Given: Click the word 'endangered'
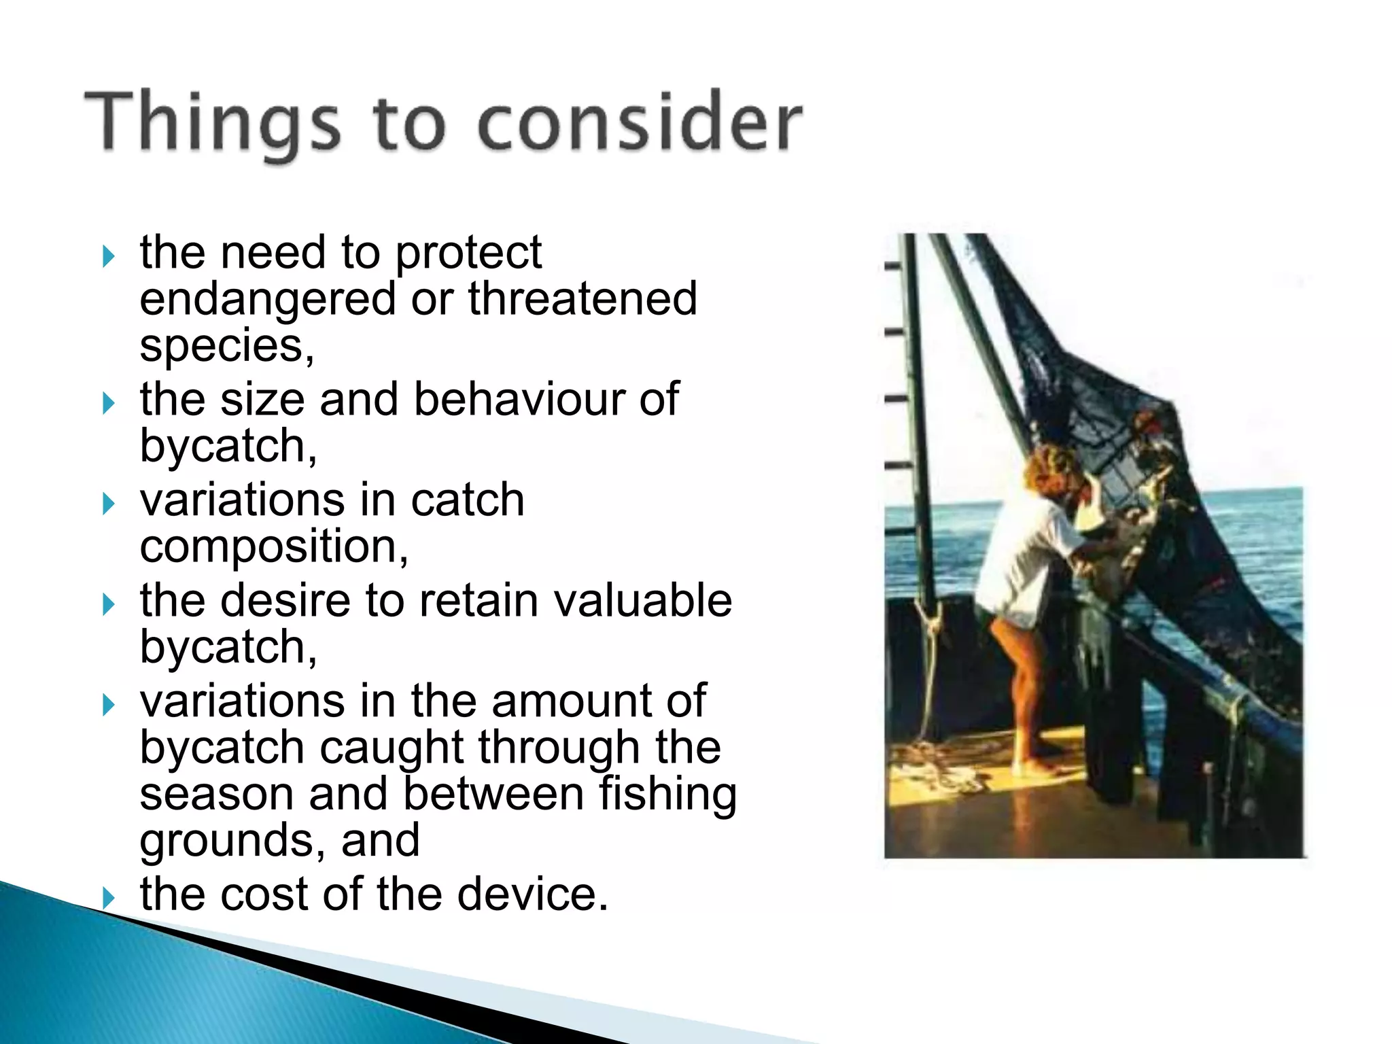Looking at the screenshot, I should click(267, 299).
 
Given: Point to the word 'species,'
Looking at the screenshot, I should click(227, 347).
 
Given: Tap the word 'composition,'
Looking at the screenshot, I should click(274, 546).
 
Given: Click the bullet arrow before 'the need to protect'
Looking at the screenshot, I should click(108, 257).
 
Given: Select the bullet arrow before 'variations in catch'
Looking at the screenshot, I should click(108, 504).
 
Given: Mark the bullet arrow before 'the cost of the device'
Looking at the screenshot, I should click(108, 898).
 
